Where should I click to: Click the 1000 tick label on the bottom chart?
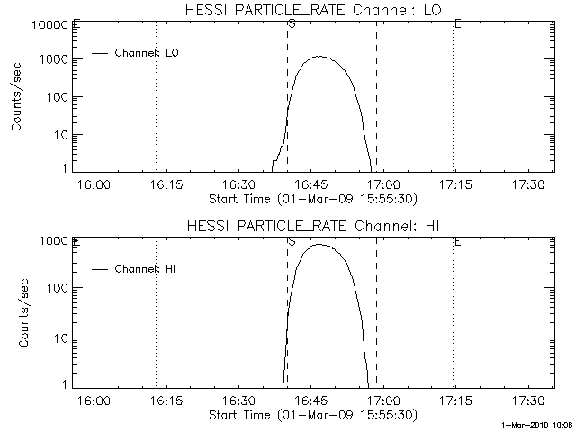[x=53, y=241]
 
